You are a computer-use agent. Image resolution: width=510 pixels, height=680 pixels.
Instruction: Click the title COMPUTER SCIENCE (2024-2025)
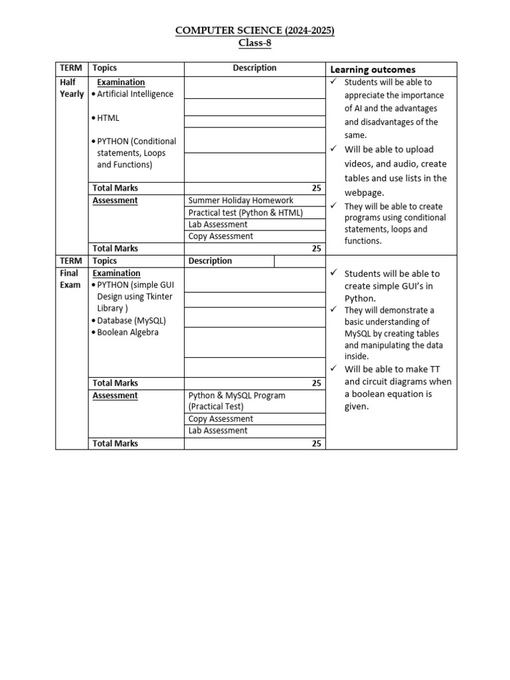pos(255,31)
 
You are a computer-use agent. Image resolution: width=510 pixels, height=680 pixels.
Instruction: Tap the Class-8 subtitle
pos(255,44)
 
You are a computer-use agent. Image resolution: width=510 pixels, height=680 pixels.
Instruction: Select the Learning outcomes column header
pos(373,70)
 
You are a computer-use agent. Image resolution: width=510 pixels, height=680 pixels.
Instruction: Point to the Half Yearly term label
pos(72,88)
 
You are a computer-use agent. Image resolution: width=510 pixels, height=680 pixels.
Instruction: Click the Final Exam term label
pos(69,279)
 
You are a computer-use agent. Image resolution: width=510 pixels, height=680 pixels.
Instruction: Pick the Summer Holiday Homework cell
pos(240,201)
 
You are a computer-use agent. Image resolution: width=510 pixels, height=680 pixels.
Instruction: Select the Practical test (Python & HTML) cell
pos(245,212)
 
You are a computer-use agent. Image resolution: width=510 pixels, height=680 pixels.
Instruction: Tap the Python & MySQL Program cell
pos(236,396)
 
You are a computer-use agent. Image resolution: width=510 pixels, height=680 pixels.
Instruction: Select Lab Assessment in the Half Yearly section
pos(218,224)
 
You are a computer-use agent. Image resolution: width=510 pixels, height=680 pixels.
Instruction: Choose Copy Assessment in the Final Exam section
pos(220,419)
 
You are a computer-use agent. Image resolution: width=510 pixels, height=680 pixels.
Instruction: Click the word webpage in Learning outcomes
pos(363,193)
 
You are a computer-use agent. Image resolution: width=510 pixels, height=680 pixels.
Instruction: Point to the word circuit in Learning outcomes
pos(379,382)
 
